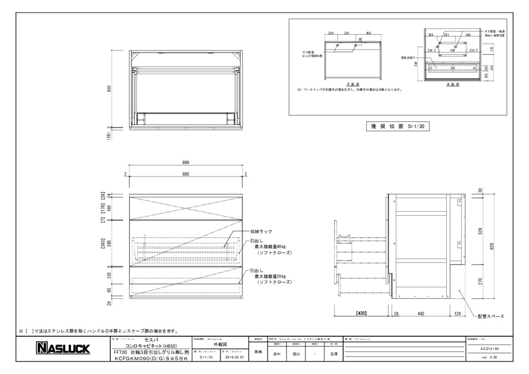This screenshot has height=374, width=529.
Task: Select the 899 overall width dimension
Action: (x=186, y=162)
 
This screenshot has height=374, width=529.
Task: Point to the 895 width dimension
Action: (x=186, y=174)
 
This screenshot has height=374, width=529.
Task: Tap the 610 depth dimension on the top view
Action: (x=110, y=89)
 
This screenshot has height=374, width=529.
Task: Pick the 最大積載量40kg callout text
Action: (x=270, y=247)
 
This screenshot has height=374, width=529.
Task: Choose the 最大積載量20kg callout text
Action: (x=270, y=276)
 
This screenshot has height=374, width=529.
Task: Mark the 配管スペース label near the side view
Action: (x=491, y=316)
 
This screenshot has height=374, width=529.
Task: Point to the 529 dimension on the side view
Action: (x=480, y=230)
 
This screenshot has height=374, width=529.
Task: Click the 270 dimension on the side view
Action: (x=480, y=281)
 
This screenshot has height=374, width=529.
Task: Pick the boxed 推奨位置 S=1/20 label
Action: (x=397, y=126)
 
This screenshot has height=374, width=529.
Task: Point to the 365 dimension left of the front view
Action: (x=110, y=244)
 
